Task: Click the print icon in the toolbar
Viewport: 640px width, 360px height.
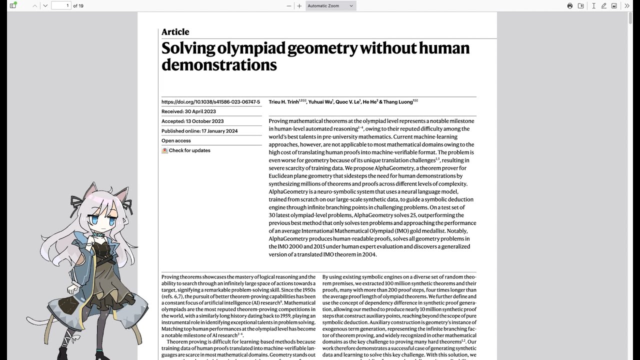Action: coord(569,6)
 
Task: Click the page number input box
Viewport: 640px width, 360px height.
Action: coord(61,5)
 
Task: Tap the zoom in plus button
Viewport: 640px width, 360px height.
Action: coord(299,6)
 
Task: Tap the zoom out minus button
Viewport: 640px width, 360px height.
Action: coord(288,6)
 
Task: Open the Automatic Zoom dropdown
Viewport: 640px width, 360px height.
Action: coord(330,6)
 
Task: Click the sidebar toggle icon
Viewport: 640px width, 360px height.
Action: coord(13,5)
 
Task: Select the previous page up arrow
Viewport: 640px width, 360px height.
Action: coord(34,6)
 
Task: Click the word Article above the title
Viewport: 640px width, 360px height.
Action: coord(175,32)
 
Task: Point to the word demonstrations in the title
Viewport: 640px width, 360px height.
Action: coord(219,64)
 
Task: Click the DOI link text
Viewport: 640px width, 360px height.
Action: coord(210,102)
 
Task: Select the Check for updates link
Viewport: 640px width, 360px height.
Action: coord(189,150)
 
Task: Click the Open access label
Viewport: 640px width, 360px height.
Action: coord(176,140)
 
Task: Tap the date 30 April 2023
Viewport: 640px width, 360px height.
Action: coord(200,111)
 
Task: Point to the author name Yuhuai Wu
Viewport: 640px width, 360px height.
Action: coord(320,102)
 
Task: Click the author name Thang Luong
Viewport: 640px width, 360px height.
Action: coord(398,102)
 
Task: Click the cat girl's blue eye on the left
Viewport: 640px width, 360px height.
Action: coord(94,219)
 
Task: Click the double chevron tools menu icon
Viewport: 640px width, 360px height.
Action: coord(627,6)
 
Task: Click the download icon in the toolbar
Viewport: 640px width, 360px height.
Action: coord(581,6)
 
